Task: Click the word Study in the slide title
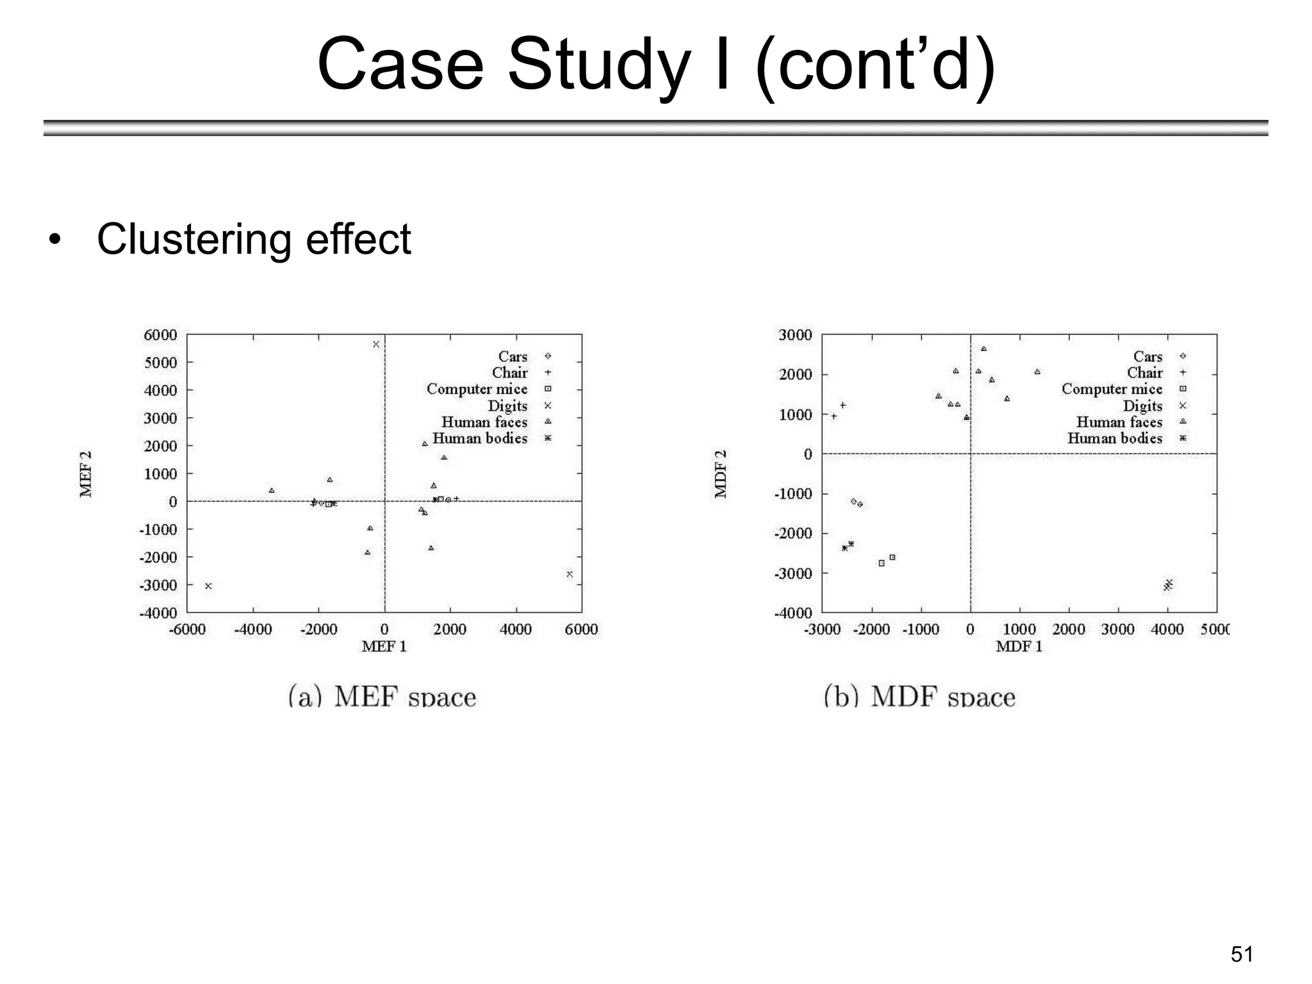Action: (x=598, y=65)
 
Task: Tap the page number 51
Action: (x=1242, y=955)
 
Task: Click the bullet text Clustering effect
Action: (x=254, y=239)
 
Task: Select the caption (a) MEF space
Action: (x=382, y=696)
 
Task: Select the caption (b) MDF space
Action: (x=919, y=696)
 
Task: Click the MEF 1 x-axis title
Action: (x=384, y=646)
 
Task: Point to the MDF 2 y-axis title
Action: (x=721, y=474)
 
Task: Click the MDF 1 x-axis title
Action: (x=1019, y=646)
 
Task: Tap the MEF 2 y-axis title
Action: (x=86, y=474)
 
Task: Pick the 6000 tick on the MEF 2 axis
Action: (x=160, y=335)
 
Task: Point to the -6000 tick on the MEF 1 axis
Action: (x=187, y=630)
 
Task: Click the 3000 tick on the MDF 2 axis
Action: (x=795, y=335)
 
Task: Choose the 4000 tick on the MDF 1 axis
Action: (x=1167, y=630)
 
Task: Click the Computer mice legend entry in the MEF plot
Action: (x=477, y=389)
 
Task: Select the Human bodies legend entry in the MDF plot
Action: (x=1115, y=438)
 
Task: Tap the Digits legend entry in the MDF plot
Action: (x=1142, y=406)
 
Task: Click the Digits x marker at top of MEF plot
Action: (x=376, y=344)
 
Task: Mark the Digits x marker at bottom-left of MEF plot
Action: (x=208, y=586)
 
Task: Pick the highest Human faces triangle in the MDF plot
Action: (x=983, y=349)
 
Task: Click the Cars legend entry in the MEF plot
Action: (x=512, y=356)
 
